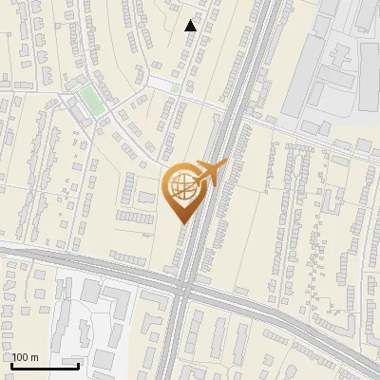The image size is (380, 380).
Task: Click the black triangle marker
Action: pyautogui.click(x=191, y=26)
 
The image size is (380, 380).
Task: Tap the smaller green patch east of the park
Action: pyautogui.click(x=176, y=88)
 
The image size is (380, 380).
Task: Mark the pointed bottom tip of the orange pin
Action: pyautogui.click(x=182, y=222)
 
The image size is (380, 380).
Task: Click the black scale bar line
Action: pyautogui.click(x=45, y=364)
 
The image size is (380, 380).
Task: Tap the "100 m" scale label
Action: pyautogui.click(x=26, y=357)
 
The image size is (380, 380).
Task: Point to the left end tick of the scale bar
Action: pyautogui.click(x=11, y=363)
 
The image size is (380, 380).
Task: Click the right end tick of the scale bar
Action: pyautogui.click(x=78, y=363)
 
